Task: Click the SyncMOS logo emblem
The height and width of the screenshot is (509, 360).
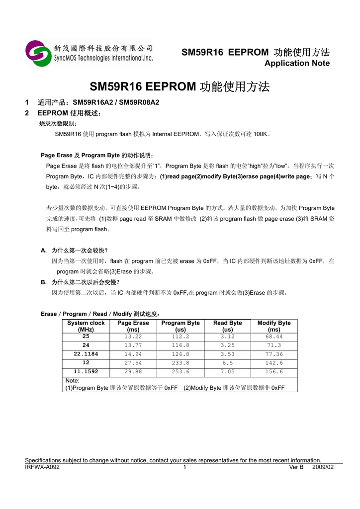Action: pos(38,53)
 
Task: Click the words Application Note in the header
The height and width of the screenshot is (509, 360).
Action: pos(297,63)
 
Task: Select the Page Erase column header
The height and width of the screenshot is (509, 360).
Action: pos(133,326)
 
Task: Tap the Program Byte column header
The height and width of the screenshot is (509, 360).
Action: pos(180,326)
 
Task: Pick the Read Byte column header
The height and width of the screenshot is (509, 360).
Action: pos(227,326)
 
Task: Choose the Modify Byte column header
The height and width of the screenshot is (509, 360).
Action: pos(274,326)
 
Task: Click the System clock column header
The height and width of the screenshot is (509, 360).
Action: pos(86,326)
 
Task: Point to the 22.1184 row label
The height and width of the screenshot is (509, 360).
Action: pos(86,354)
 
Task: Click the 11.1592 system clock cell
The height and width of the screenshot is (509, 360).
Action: pos(86,372)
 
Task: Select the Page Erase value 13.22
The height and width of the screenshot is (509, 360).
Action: pos(133,337)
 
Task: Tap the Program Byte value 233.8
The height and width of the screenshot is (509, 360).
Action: pos(180,363)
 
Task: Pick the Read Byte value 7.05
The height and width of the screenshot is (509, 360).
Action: pos(227,372)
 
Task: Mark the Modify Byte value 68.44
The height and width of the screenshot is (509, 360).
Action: pos(274,337)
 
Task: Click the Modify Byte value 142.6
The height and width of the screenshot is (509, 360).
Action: pos(274,363)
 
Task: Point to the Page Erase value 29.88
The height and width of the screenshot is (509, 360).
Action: pos(133,372)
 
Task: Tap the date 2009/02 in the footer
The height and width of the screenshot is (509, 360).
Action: pos(323,467)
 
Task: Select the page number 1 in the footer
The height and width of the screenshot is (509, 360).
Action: pos(184,467)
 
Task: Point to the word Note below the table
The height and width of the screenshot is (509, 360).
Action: pos(72,381)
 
